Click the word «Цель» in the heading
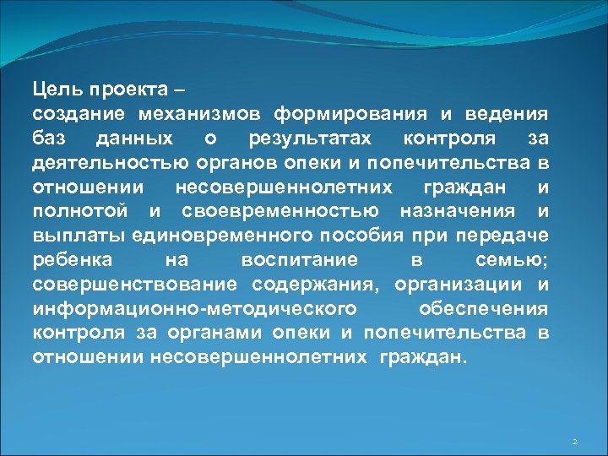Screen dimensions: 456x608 pos(52,88)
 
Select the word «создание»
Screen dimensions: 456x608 pos(79,113)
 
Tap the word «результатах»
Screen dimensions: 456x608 pos(314,137)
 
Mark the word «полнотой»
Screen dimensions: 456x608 pos(76,209)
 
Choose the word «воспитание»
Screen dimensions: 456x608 pos(298,258)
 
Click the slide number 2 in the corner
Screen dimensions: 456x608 pos(573,442)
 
